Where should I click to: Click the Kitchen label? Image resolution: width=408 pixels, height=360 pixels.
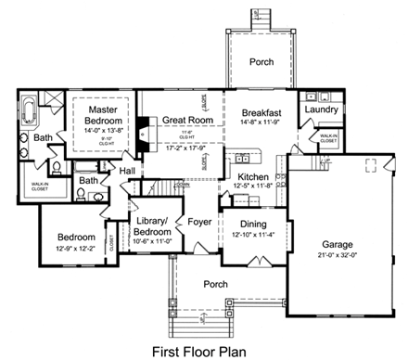(x=252, y=177)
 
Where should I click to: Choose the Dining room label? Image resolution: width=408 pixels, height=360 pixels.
(x=251, y=224)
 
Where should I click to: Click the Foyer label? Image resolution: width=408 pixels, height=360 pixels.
(x=199, y=222)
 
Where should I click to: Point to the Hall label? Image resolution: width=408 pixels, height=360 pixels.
(x=127, y=171)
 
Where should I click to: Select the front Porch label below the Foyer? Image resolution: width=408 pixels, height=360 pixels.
(x=216, y=284)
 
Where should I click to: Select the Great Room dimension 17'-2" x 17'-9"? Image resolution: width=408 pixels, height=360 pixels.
(x=182, y=147)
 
